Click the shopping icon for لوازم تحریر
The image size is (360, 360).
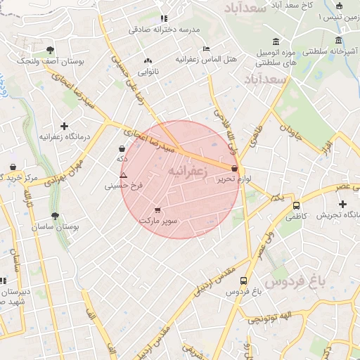coord(234,169)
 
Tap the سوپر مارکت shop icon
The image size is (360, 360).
coord(157,210)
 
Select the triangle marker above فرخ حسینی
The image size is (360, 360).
coord(124,175)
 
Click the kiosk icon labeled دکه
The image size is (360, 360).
coord(123,149)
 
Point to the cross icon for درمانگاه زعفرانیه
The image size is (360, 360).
coord(65,126)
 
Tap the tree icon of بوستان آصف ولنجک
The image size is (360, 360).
coord(50,50)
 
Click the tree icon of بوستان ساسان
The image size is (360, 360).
coord(55,217)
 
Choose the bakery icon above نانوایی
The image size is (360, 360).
coord(148,61)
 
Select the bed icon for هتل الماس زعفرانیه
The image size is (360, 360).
coord(205,49)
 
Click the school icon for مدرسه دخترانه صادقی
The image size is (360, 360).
coord(164,18)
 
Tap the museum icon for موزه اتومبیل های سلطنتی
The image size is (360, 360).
coord(274,39)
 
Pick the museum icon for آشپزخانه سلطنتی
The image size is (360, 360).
coord(340,40)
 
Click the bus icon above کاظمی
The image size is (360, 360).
coord(297,206)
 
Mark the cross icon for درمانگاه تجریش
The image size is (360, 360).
coord(342,203)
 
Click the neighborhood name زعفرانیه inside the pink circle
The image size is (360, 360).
coord(190,173)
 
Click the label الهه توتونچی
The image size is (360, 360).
coord(271,316)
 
